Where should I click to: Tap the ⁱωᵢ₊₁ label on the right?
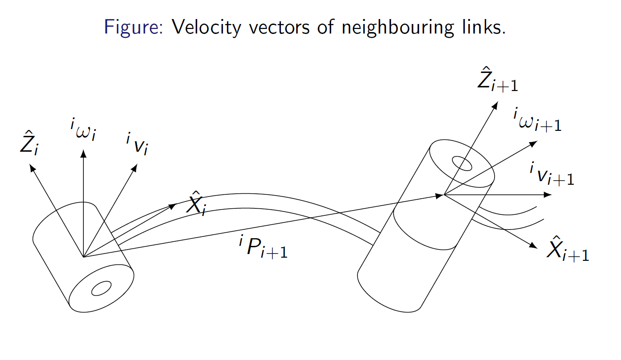click(x=537, y=120)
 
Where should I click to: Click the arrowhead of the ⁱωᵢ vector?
click(x=83, y=153)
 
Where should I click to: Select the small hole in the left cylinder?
click(x=101, y=288)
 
